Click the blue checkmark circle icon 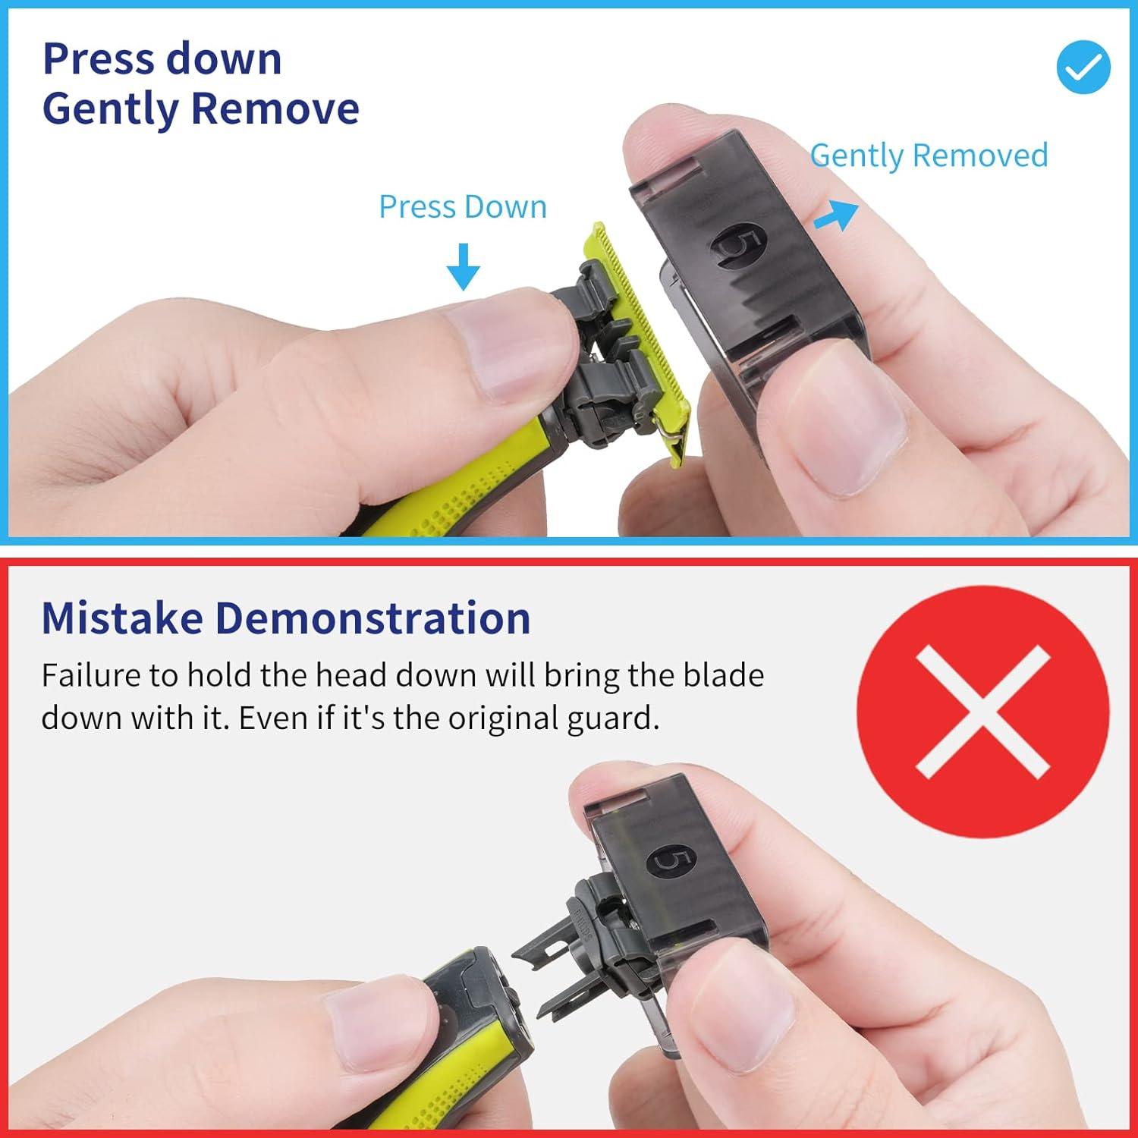[x=1083, y=67]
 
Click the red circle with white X [x=982, y=711]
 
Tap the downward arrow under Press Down [x=463, y=266]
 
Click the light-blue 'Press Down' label [x=463, y=207]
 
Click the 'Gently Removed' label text [x=929, y=156]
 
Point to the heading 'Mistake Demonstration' [x=285, y=618]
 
